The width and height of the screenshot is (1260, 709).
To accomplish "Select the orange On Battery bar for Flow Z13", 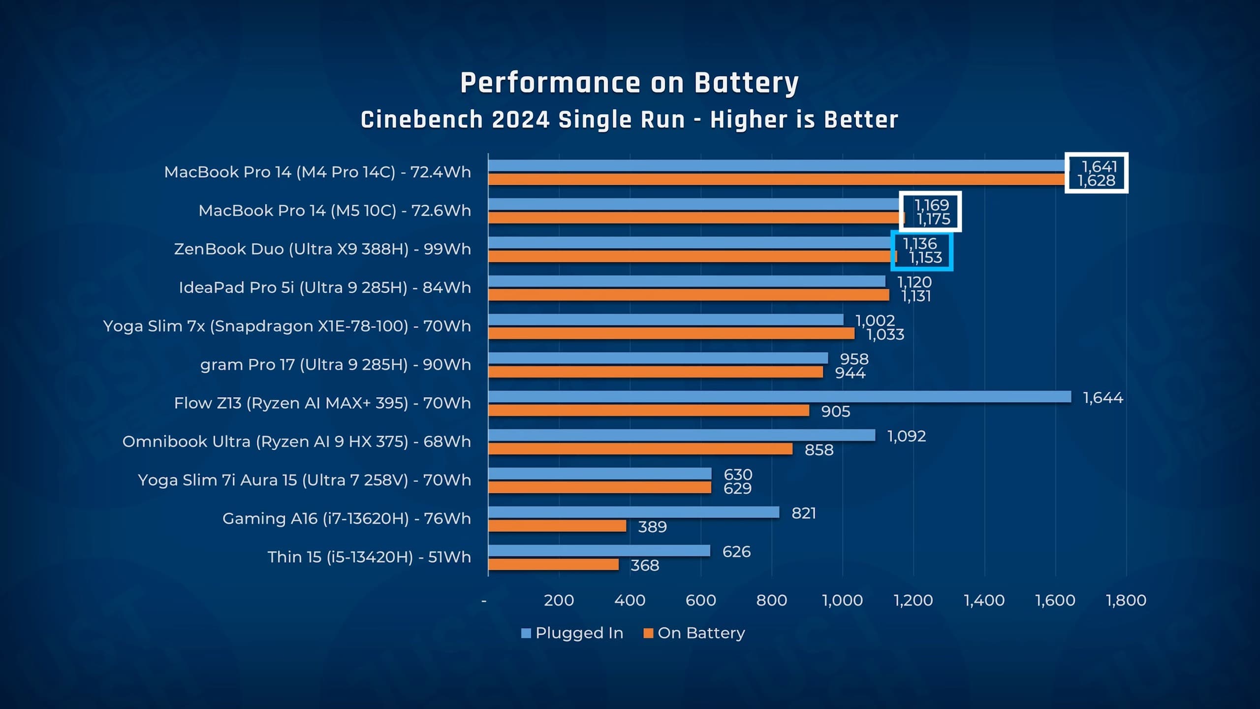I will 649,410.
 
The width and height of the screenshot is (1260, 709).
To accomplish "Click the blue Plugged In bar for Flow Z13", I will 780,396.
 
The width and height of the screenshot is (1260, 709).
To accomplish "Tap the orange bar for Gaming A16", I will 557,526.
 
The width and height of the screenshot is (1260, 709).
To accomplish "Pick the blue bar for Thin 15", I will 599,550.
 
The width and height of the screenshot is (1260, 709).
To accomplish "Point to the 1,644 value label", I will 1103,397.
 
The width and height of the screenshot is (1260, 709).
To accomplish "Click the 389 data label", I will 652,527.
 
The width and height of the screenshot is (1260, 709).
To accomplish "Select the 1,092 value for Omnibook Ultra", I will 906,436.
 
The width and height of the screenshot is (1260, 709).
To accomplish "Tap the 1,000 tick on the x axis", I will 842,600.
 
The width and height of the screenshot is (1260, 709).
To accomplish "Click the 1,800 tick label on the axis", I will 1126,600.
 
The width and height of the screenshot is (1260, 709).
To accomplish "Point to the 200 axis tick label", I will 559,600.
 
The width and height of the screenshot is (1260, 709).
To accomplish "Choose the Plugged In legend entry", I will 572,633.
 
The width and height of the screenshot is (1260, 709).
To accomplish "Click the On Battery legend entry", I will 694,633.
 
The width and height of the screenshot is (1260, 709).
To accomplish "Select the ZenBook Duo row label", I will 322,249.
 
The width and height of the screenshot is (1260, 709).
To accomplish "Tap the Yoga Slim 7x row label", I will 287,326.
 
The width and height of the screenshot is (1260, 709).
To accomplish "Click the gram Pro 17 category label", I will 335,364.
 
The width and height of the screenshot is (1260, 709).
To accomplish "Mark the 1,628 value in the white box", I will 1097,181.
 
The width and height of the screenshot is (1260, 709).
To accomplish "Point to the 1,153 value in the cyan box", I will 925,258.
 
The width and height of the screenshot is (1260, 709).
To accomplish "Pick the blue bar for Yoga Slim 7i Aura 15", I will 599,474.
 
